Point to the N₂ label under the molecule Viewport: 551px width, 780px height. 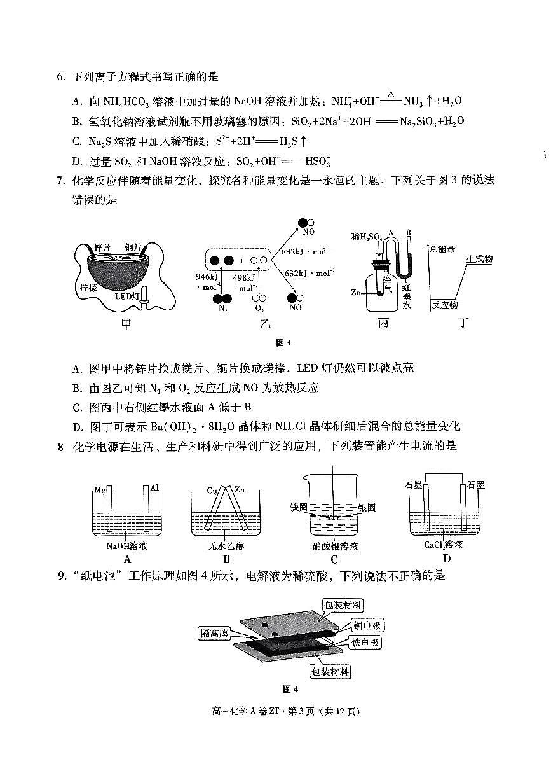(x=222, y=309)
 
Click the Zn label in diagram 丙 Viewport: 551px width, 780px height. (x=357, y=293)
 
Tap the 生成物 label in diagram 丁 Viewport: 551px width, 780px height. (x=479, y=260)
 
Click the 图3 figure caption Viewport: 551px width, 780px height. (x=283, y=343)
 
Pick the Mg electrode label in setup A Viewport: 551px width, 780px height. (x=99, y=489)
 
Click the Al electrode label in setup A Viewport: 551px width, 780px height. (x=154, y=488)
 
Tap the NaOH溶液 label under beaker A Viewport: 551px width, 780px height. (x=127, y=546)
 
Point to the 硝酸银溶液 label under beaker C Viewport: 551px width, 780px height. (x=335, y=547)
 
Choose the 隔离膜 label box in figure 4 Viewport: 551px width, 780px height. (x=214, y=633)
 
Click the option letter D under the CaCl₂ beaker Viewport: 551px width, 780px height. (x=446, y=559)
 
